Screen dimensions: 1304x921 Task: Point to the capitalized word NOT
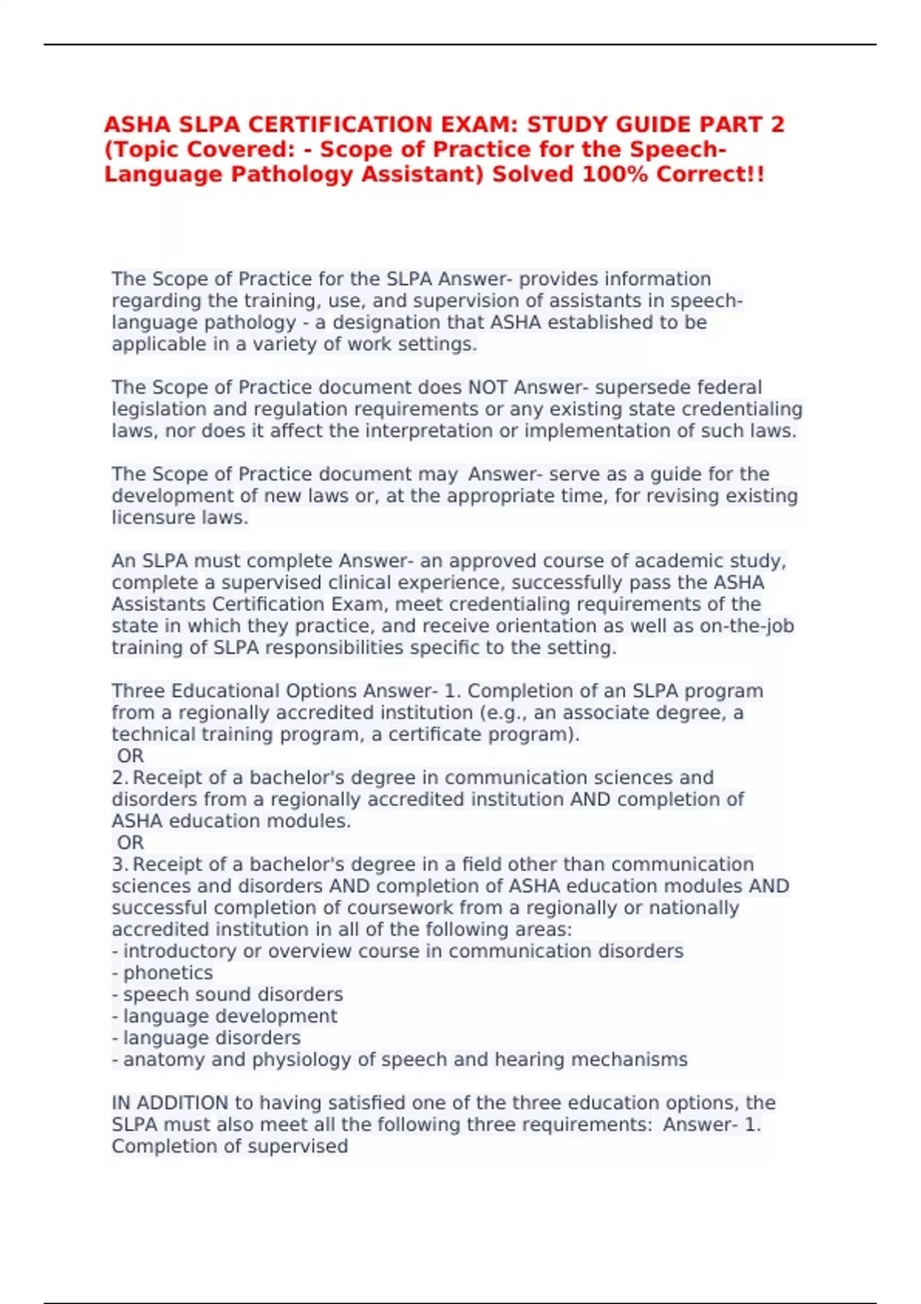(487, 387)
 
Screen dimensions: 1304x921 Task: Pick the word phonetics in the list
(168, 973)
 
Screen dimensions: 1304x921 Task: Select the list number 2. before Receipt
(119, 778)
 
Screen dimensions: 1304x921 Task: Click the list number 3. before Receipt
(119, 864)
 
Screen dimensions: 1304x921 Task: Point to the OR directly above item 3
(130, 842)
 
